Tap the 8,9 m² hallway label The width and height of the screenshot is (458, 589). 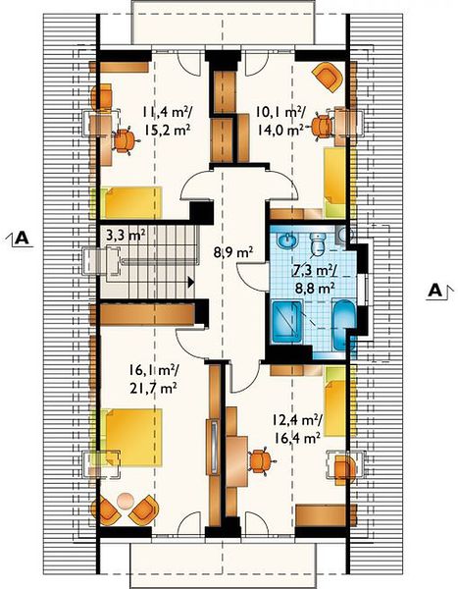tap(233, 252)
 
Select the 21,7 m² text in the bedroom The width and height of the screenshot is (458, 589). tap(153, 388)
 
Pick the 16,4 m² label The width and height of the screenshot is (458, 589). tap(297, 438)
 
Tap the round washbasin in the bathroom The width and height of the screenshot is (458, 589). tap(287, 241)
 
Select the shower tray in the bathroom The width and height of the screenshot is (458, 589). tap(286, 322)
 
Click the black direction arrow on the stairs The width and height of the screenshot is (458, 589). tap(191, 282)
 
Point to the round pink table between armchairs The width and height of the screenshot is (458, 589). tap(125, 501)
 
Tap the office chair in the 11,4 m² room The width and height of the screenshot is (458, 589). tap(125, 140)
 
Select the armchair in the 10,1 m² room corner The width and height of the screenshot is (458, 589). tap(329, 77)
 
